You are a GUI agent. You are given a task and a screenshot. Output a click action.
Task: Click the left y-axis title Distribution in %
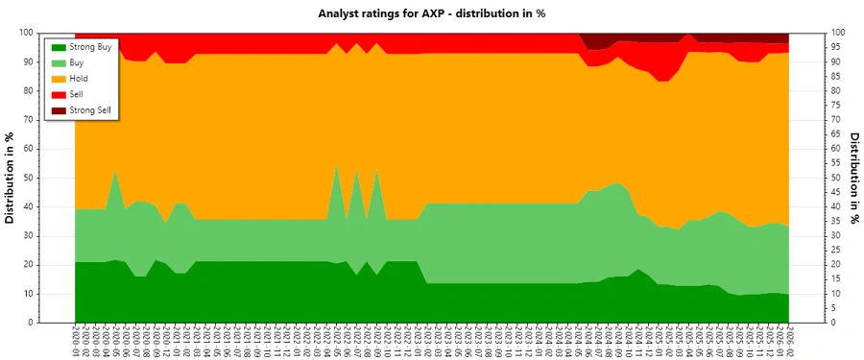[11, 178]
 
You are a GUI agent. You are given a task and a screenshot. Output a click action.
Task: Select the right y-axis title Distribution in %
[853, 178]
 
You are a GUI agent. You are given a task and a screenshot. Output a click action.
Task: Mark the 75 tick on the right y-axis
[834, 105]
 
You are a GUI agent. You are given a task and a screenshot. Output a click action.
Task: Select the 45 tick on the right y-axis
[834, 192]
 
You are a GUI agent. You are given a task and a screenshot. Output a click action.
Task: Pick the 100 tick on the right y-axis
[836, 33]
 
